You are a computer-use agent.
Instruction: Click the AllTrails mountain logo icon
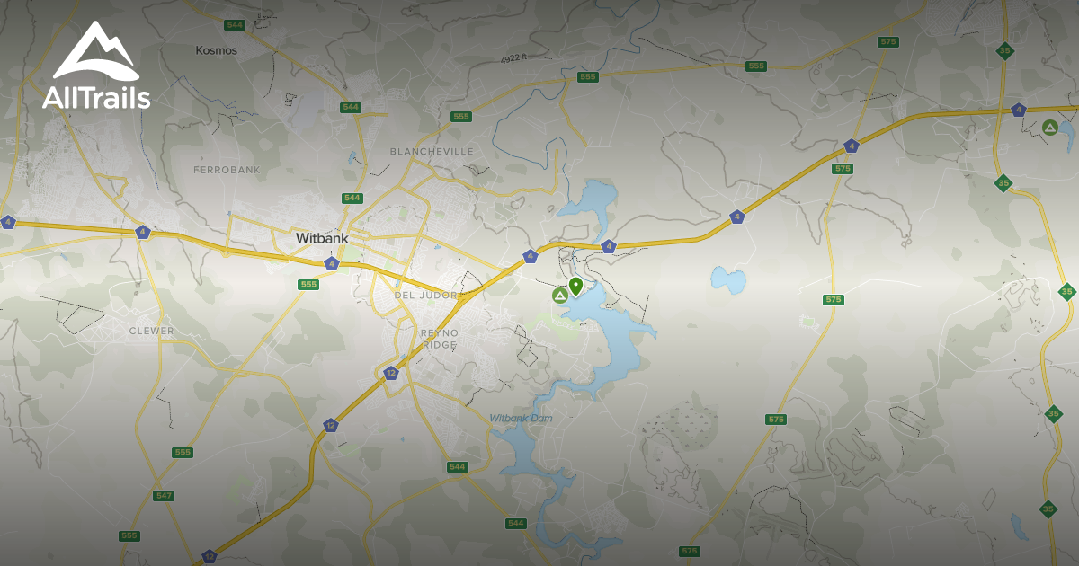[x=95, y=52]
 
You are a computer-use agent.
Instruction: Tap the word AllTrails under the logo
[x=96, y=98]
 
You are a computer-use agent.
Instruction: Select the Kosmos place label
[x=217, y=50]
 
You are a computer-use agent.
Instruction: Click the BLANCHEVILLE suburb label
[x=432, y=152]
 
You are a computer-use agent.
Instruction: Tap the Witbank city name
[x=321, y=239]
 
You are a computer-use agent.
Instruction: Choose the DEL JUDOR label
[x=425, y=296]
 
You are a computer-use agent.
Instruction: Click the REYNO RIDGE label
[x=440, y=339]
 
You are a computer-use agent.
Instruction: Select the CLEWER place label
[x=151, y=331]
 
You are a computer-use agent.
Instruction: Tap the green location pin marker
[x=575, y=287]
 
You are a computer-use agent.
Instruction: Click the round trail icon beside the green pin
[x=559, y=295]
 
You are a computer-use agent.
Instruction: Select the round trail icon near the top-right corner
[x=1049, y=128]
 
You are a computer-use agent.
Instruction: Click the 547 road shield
[x=163, y=495]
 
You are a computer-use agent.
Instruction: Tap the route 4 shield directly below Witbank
[x=332, y=263]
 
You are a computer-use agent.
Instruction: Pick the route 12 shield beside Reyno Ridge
[x=390, y=373]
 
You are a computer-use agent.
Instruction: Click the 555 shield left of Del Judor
[x=308, y=284]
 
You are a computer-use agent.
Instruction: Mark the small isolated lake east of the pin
[x=727, y=279]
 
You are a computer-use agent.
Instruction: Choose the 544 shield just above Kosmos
[x=236, y=24]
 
